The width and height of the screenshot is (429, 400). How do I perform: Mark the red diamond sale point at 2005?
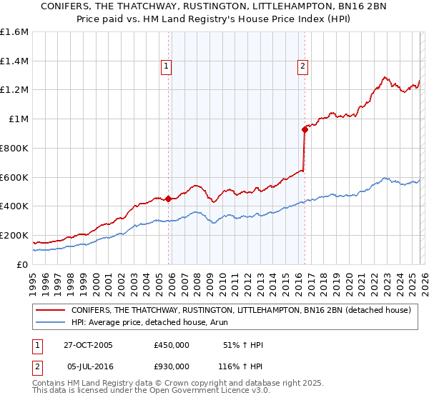coord(169,199)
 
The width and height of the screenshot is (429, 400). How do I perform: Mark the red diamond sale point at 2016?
coord(305,129)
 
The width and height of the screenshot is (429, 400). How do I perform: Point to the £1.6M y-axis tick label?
coord(14,32)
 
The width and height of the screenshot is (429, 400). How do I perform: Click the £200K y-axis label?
coord(14,235)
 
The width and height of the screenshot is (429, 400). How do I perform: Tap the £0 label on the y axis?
coord(24,264)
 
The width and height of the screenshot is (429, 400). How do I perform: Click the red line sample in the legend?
coord(51,311)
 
